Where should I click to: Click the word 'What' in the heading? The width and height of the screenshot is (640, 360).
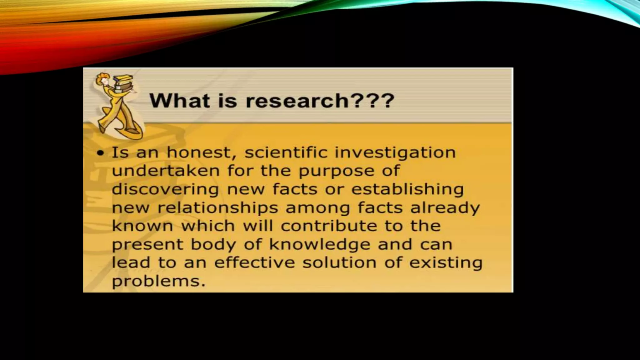[x=180, y=101]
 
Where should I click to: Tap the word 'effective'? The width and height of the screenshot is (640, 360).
[x=254, y=262]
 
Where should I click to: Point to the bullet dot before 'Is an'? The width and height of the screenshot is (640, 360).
[x=100, y=153]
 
